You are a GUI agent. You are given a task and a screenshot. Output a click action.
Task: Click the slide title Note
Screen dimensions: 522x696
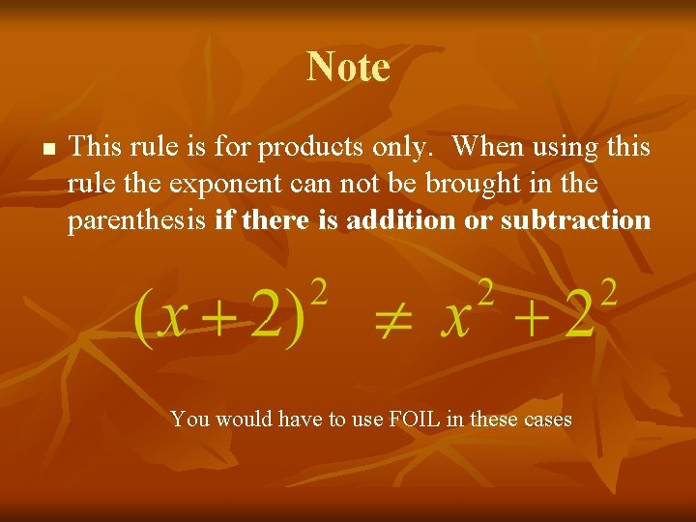pyautogui.click(x=348, y=68)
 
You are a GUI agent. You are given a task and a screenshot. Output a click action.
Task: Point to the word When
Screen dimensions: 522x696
pyautogui.click(x=489, y=147)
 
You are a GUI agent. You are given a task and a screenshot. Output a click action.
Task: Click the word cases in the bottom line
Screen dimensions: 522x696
pyautogui.click(x=543, y=420)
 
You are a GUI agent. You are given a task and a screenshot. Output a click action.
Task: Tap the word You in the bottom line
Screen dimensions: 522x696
pyautogui.click(x=190, y=420)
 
